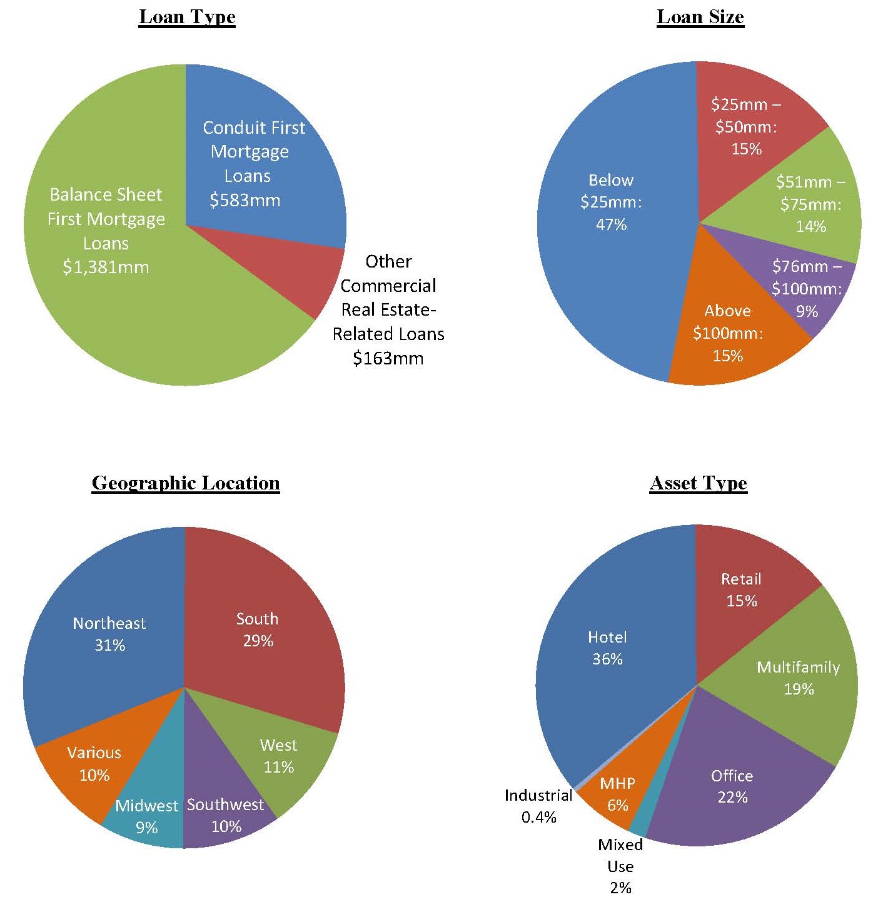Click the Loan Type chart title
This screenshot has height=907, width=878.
click(x=187, y=17)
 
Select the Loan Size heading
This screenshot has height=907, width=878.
click(x=700, y=17)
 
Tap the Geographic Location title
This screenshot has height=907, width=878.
click(x=186, y=483)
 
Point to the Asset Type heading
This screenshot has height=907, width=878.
click(x=699, y=483)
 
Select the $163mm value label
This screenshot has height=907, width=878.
click(x=388, y=358)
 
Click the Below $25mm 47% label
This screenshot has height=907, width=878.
click(x=611, y=202)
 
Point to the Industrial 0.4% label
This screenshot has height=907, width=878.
click(x=538, y=806)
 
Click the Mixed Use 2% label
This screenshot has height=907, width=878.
click(x=620, y=866)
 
